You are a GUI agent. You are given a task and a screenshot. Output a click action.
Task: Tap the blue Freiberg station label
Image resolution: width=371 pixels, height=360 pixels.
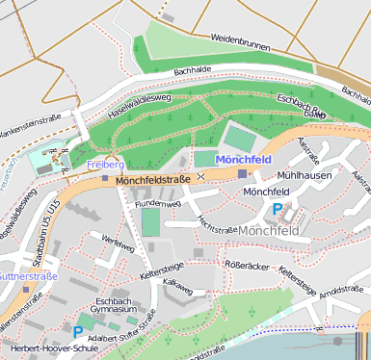(106, 165)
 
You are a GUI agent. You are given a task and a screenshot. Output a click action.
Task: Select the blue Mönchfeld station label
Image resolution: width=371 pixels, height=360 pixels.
(244, 159)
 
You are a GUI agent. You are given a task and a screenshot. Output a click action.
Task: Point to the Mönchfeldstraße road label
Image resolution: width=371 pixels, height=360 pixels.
(152, 180)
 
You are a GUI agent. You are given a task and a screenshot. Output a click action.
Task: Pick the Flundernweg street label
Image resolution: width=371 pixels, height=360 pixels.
(158, 204)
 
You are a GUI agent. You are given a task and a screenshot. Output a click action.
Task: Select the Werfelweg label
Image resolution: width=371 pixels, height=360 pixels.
(118, 246)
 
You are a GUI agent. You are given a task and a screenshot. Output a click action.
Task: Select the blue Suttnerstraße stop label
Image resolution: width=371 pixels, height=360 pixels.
(27, 276)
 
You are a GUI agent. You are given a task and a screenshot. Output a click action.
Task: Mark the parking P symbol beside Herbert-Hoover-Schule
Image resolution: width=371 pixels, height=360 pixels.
(78, 332)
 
